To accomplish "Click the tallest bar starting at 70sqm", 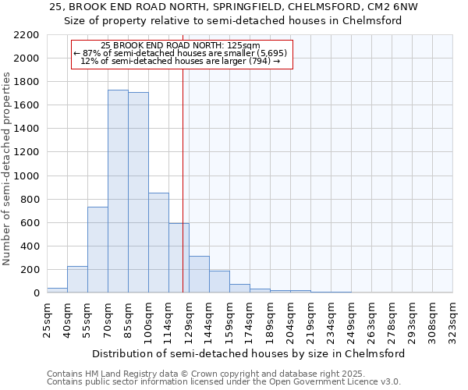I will (x=118, y=191).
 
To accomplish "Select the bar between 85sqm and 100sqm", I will (x=138, y=192).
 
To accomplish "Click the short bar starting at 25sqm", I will (x=57, y=290).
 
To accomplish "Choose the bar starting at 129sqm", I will (x=199, y=275).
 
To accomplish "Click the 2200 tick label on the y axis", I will (x=26, y=35).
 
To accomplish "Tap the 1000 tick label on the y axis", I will (x=26, y=176).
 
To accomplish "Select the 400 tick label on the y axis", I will (x=29, y=246).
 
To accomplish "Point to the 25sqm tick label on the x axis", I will (x=47, y=321).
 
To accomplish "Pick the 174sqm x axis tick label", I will (x=250, y=321).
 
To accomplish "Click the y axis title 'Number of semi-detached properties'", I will (x=8, y=168).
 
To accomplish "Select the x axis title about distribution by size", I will (x=249, y=353).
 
